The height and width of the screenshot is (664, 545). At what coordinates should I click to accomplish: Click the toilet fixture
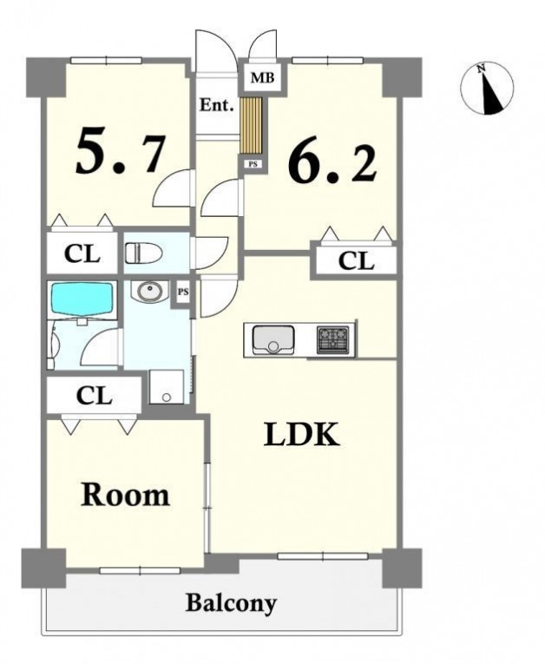pyautogui.click(x=143, y=253)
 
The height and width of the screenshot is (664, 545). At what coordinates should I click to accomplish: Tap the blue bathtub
pyautogui.click(x=82, y=299)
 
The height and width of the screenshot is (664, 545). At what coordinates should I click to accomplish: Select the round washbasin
pyautogui.click(x=148, y=292)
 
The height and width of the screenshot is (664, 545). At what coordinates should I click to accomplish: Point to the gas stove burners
pyautogui.click(x=333, y=340)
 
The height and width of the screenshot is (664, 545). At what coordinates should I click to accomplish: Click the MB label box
pyautogui.click(x=263, y=78)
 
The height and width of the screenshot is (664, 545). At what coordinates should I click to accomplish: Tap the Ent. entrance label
pyautogui.click(x=217, y=105)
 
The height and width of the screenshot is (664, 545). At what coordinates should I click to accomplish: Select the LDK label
pyautogui.click(x=301, y=435)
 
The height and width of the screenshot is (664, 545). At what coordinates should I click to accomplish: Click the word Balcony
pyautogui.click(x=231, y=603)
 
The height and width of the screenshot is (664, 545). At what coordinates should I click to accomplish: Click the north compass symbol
pyautogui.click(x=487, y=89)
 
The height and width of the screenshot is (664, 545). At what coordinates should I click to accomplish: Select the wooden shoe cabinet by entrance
pyautogui.click(x=251, y=125)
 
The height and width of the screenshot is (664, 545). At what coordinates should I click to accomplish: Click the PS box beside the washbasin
pyautogui.click(x=183, y=293)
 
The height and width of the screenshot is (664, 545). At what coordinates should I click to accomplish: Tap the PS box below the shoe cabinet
pyautogui.click(x=253, y=164)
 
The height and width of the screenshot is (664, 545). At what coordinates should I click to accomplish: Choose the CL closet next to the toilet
pyautogui.click(x=82, y=253)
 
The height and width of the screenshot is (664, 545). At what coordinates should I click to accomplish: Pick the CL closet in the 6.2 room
pyautogui.click(x=356, y=261)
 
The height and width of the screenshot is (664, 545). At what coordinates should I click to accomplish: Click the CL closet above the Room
pyautogui.click(x=94, y=396)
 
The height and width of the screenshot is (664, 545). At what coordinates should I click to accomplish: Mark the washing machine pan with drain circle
pyautogui.click(x=167, y=386)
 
